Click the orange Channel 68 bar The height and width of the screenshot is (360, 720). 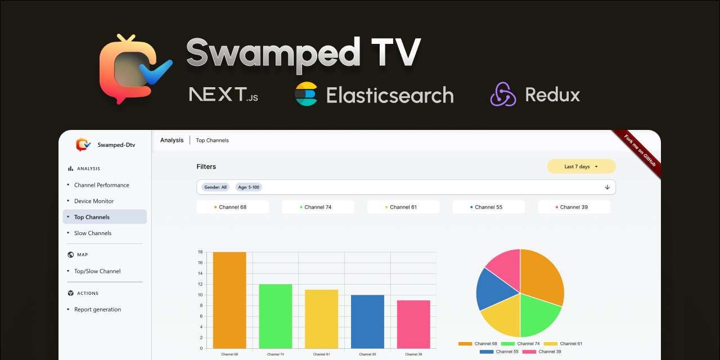coord(229,300)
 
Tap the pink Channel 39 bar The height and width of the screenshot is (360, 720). coord(413,325)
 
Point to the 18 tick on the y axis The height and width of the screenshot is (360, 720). coord(200,252)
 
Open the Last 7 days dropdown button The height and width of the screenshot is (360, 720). coord(581,166)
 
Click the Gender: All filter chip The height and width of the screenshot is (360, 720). coord(215,187)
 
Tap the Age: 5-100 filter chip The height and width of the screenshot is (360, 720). coord(249,187)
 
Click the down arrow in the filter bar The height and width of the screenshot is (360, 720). coord(607,187)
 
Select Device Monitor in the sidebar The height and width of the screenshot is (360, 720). coord(94,201)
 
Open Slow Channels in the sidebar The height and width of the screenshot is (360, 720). coord(93,233)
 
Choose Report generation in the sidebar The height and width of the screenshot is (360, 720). coord(97,309)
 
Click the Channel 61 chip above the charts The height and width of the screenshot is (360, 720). coord(403,207)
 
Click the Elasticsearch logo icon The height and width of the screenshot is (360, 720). coord(306,94)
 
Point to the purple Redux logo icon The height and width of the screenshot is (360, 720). coord(503,94)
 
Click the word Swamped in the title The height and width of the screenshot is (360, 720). coord(273,53)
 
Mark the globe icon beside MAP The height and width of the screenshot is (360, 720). coord(70,255)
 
